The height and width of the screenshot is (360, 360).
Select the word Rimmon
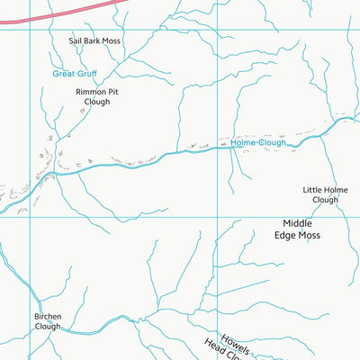(x=88, y=92)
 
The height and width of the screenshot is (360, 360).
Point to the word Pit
(x=112, y=92)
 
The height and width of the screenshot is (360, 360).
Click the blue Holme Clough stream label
(x=258, y=143)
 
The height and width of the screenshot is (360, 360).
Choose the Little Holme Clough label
(x=325, y=194)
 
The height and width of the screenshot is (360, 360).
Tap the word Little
(x=311, y=190)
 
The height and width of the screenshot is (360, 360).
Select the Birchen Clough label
(x=47, y=321)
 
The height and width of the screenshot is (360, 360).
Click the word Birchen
(x=47, y=317)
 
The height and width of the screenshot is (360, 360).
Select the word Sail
(x=76, y=41)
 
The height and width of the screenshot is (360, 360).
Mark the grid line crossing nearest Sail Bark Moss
(x=31, y=29)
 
